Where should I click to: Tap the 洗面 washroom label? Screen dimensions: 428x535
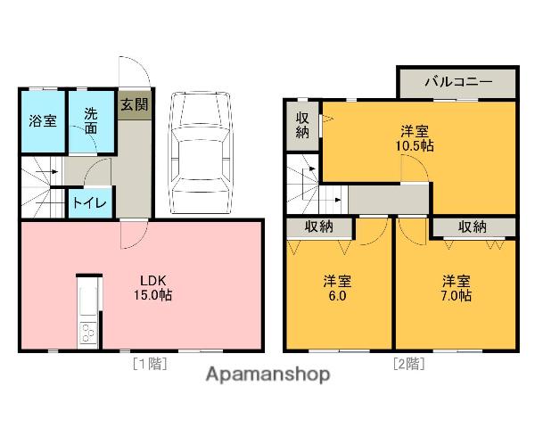[91, 119]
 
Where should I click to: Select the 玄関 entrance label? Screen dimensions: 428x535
[135, 104]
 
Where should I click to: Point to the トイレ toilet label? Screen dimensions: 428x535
[89, 202]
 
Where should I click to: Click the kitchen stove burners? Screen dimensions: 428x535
[89, 333]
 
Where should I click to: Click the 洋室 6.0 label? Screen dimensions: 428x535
[336, 287]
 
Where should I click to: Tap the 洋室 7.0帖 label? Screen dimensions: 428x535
[456, 287]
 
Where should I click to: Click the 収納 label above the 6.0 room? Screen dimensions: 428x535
[318, 227]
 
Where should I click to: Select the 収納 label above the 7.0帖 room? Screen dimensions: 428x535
[473, 227]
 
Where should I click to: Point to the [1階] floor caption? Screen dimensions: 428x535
[150, 363]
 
